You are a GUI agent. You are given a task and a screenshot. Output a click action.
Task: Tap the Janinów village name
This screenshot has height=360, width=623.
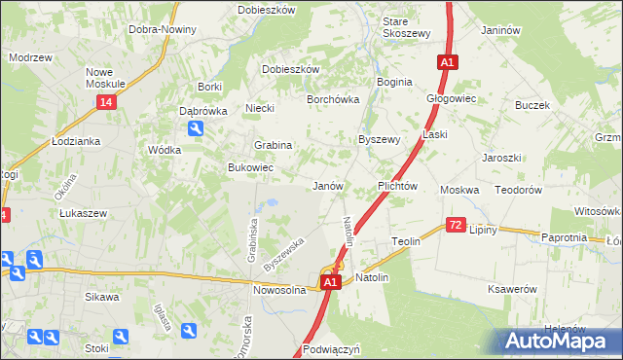[497, 30]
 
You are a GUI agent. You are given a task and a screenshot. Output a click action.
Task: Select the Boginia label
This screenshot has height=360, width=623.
[393, 82]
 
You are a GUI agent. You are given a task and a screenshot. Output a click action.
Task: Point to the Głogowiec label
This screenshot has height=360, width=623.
[450, 98]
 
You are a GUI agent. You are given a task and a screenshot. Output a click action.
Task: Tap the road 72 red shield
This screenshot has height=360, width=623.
[456, 225]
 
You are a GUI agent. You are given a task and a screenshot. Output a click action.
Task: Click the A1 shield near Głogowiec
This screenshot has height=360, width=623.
[445, 62]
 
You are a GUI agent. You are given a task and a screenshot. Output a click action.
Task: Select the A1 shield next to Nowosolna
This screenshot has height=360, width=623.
[331, 282]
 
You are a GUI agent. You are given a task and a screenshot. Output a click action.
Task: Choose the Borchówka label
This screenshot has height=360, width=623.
[334, 99]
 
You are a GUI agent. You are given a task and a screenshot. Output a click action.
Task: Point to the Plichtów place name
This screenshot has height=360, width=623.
[397, 186]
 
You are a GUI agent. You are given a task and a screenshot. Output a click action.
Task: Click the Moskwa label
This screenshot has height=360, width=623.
[459, 190]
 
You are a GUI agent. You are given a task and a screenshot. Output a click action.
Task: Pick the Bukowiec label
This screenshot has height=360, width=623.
[250, 168]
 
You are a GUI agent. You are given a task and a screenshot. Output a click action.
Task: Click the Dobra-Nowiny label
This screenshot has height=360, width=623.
[163, 29]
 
